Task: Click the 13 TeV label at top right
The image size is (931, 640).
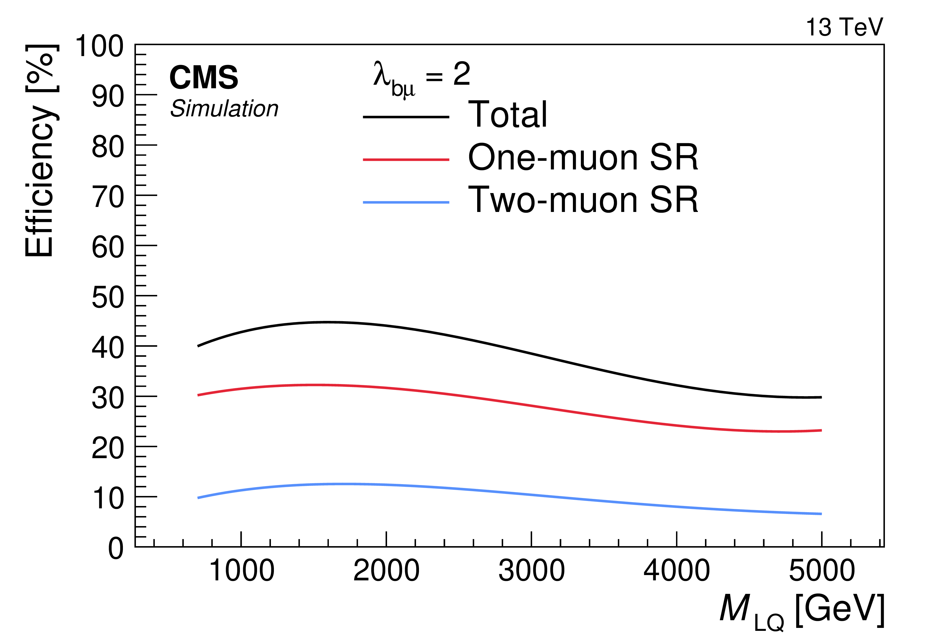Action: point(844,27)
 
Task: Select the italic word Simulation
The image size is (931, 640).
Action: point(224,109)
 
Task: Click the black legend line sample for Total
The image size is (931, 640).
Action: point(406,117)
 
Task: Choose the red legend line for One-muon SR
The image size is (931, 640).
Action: point(406,160)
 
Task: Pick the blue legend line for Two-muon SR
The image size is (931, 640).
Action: point(406,203)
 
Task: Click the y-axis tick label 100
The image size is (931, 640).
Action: point(99,46)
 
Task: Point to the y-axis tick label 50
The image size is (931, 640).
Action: point(108,298)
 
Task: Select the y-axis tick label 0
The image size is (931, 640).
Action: point(116,548)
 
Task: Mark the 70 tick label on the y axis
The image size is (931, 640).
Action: point(108,197)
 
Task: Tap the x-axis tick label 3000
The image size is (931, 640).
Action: point(532,571)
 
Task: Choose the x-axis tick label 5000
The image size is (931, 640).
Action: point(822,571)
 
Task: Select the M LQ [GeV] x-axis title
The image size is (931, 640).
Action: point(802,611)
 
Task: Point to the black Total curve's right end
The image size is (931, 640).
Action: point(821,397)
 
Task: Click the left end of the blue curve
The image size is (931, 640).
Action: point(198,498)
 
